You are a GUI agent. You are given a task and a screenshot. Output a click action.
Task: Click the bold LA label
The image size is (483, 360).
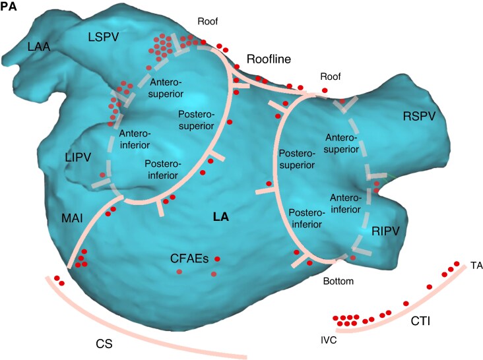(220, 215)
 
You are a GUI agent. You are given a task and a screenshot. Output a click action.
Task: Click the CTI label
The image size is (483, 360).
(422, 321)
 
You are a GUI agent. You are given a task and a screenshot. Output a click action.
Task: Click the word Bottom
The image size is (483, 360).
(339, 282)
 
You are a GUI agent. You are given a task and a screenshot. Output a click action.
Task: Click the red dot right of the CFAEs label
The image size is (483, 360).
(217, 258)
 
